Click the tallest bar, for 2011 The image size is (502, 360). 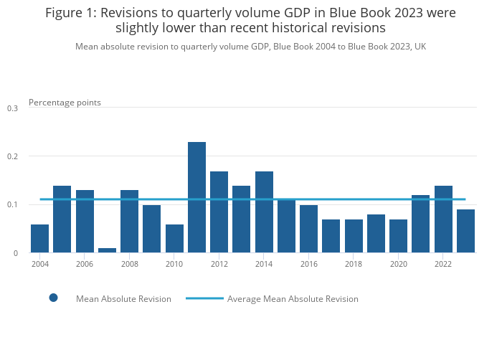pyautogui.click(x=196, y=197)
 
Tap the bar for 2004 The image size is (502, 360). pyautogui.click(x=40, y=239)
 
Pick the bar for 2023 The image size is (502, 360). pyautogui.click(x=465, y=231)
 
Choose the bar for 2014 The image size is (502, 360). pyautogui.click(x=264, y=212)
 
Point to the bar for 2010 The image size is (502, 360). pyautogui.click(x=174, y=239)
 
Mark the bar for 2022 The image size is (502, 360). pyautogui.click(x=443, y=219)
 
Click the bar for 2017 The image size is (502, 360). pyautogui.click(x=331, y=236)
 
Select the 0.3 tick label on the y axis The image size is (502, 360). pyautogui.click(x=12, y=108)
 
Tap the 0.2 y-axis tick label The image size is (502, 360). pyautogui.click(x=12, y=156)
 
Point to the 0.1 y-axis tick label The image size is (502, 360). pyautogui.click(x=12, y=205)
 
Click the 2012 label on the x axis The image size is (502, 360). pyautogui.click(x=219, y=264)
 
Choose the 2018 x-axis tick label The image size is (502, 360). pyautogui.click(x=354, y=264)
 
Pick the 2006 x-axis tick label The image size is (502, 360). pyautogui.click(x=85, y=264)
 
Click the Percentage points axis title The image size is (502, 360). pyautogui.click(x=65, y=103)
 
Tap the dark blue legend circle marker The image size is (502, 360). pyautogui.click(x=53, y=298)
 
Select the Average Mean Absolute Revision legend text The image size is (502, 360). pyautogui.click(x=293, y=299)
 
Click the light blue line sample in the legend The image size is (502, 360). pyautogui.click(x=204, y=298)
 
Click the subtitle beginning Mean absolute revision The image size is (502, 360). pyautogui.click(x=250, y=47)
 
